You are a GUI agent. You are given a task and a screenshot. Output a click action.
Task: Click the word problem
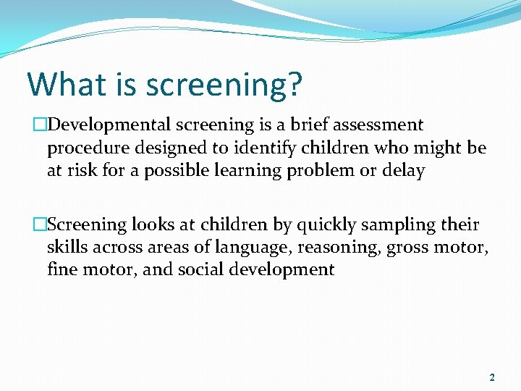[x=310, y=172]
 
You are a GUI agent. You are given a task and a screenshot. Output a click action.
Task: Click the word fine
[x=62, y=271]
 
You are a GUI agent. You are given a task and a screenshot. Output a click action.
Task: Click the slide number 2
[x=492, y=377]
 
